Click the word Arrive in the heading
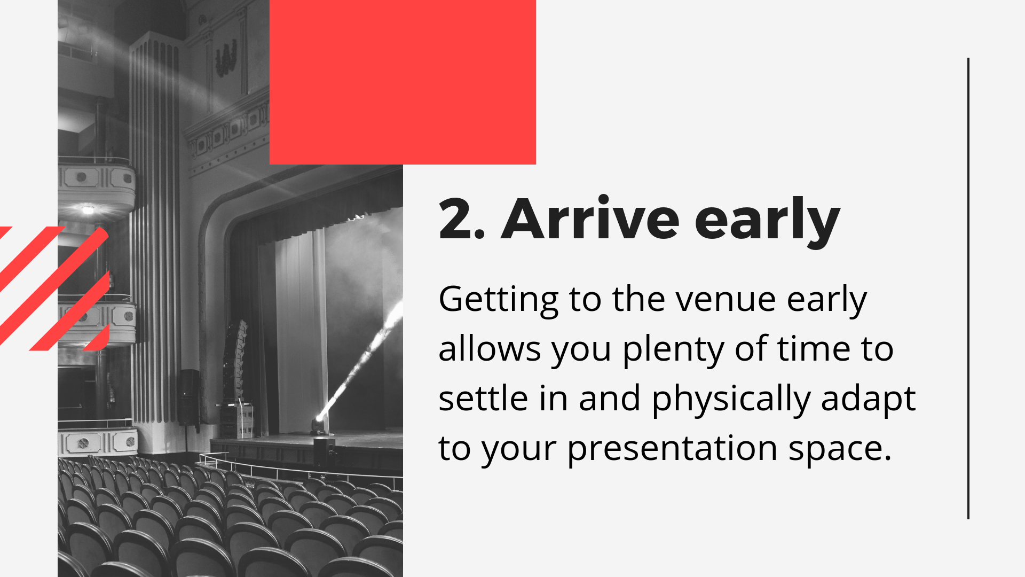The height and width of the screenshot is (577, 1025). pos(590,219)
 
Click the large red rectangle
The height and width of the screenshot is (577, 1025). pos(403,82)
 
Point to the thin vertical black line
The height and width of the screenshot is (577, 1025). pos(968,288)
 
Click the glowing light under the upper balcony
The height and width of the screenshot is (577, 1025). pos(88,209)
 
